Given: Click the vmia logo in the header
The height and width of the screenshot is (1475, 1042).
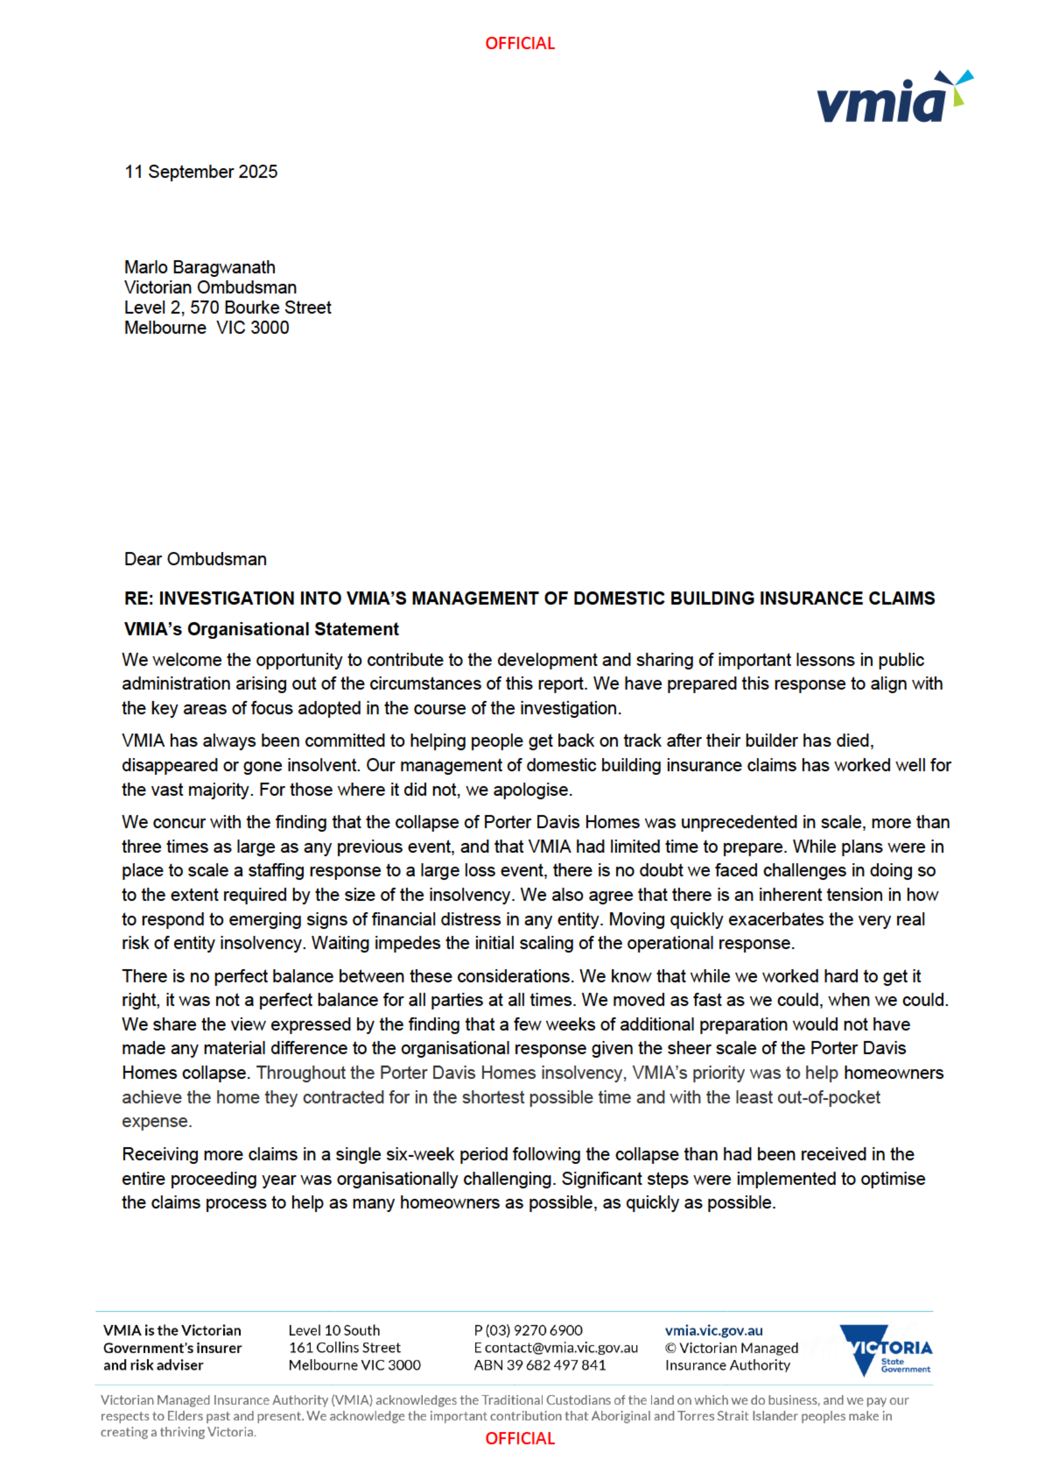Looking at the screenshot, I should tap(894, 98).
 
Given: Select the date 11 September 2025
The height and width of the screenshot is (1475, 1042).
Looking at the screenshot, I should tap(201, 172).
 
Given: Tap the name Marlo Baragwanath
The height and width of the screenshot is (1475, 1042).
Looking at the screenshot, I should tap(200, 267).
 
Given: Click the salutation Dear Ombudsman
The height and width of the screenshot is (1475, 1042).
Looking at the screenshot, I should tap(195, 560).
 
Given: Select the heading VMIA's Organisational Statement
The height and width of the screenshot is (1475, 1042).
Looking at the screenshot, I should tap(261, 630).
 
